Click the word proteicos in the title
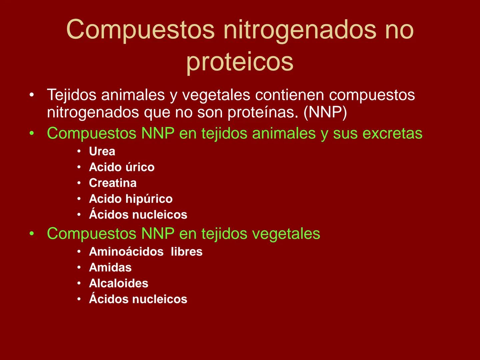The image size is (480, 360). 240,62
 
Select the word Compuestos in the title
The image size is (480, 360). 140,29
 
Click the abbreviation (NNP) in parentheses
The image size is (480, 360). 325,113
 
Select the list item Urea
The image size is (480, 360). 102,152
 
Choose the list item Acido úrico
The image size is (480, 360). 122,167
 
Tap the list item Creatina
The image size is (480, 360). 113,183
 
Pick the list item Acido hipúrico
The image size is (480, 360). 131,199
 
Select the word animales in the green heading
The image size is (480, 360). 283,134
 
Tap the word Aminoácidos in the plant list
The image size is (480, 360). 126,252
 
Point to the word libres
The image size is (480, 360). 187,252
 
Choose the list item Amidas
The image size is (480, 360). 110,268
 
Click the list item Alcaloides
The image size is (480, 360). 119,283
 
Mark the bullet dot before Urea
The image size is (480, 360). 79,152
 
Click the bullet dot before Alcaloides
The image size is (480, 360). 79,283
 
